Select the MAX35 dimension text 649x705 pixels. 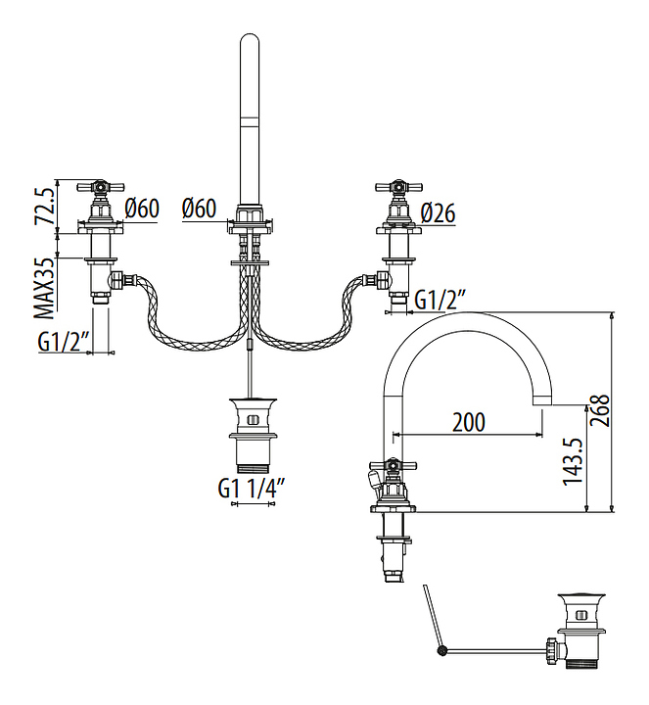coord(46,289)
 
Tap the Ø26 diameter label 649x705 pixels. coord(439,213)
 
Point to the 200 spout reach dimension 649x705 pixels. coord(468,422)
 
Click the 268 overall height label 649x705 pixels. coord(599,410)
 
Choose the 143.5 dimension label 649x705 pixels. coord(573,462)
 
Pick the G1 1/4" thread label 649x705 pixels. coord(253,488)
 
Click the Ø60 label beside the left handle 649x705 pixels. coord(142,210)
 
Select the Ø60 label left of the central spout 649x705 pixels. coord(199,210)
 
